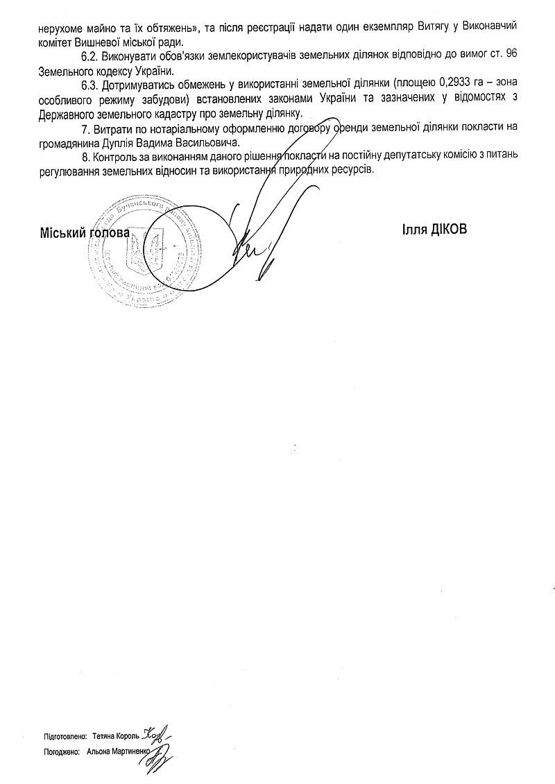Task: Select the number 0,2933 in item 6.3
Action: point(454,87)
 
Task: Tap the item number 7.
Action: point(84,128)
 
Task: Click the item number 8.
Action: point(84,156)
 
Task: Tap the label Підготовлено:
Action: point(65,733)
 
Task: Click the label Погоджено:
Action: point(60,751)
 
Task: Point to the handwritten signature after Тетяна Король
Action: point(157,732)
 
